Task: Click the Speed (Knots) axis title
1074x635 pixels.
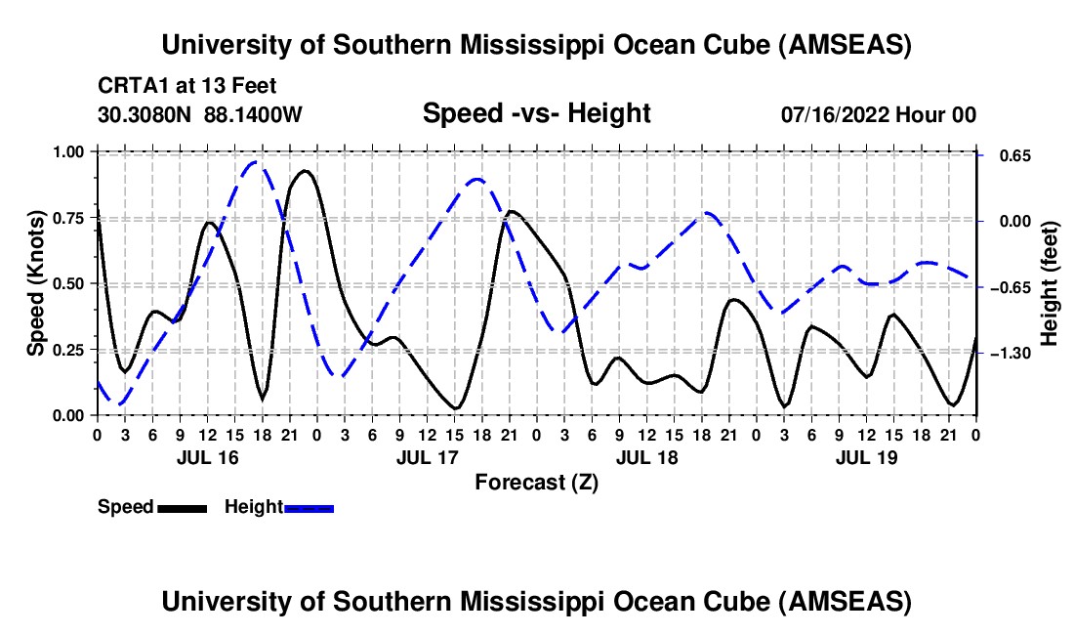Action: point(36,283)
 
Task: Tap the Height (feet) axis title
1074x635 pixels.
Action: point(1049,283)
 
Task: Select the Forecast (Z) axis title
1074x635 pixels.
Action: point(536,482)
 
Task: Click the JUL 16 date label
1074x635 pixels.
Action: point(207,457)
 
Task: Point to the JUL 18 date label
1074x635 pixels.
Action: point(647,457)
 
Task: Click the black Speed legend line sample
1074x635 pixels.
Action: point(182,508)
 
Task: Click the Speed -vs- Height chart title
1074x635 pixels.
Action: point(536,113)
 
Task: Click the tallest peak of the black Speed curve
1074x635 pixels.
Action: point(305,171)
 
